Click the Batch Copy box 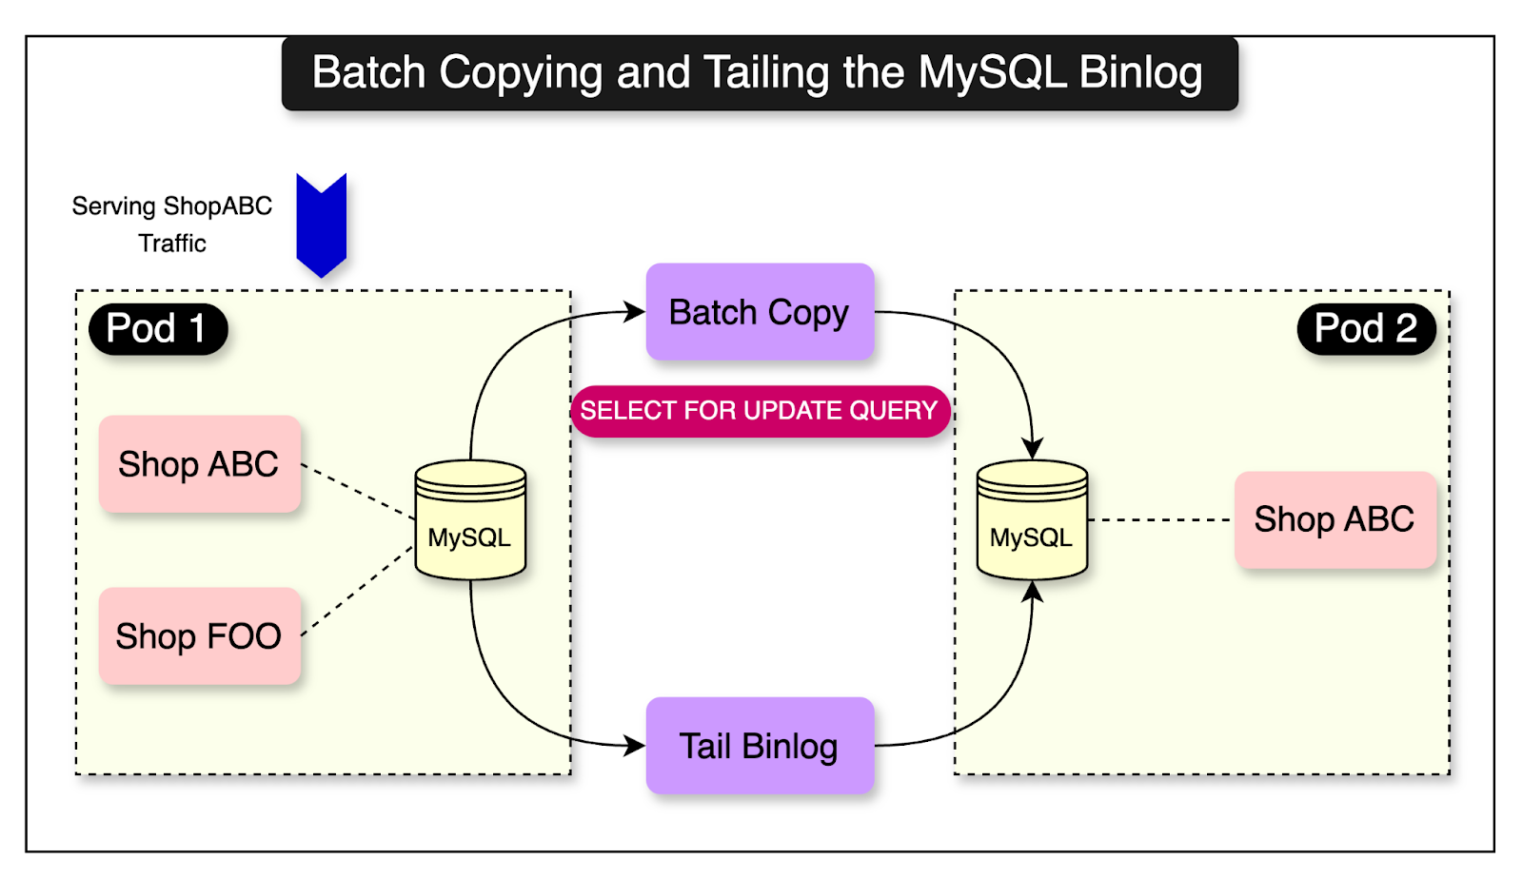[760, 312]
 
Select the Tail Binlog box [760, 746]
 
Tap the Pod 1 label [157, 329]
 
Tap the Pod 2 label [1366, 329]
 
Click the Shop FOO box [199, 635]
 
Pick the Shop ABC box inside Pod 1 [199, 464]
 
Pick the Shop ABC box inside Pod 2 [1335, 519]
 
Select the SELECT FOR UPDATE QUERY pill [760, 411]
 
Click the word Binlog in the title [1140, 73]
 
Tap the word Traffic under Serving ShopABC [172, 244]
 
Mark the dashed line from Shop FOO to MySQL [358, 592]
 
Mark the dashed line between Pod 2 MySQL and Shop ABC [1160, 519]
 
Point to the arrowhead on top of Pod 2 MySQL [1032, 447]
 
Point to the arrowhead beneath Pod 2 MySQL [1032, 592]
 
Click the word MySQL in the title [992, 73]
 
